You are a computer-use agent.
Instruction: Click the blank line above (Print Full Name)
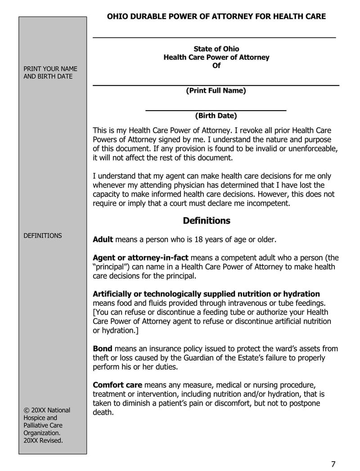[x=216, y=85]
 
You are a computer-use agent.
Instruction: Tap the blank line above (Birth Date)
[x=216, y=110]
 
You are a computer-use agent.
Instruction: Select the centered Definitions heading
[x=207, y=221]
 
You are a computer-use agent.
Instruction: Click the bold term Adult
[x=103, y=239]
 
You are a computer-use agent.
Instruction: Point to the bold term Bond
[x=103, y=349]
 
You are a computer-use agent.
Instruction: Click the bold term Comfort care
[x=117, y=385]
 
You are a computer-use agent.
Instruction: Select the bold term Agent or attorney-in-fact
[x=140, y=258]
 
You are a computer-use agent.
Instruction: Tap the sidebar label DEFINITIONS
[x=43, y=236]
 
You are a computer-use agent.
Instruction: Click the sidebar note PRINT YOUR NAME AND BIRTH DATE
[x=50, y=72]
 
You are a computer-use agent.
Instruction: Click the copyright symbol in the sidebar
[x=27, y=410]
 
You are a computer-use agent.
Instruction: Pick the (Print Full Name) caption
[x=216, y=90]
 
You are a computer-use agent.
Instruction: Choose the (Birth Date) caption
[x=216, y=116]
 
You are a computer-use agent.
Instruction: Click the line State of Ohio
[x=216, y=49]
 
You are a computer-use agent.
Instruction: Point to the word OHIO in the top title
[x=117, y=17]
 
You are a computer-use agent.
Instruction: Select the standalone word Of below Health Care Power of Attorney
[x=216, y=66]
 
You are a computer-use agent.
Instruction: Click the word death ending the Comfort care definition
[x=102, y=412]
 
